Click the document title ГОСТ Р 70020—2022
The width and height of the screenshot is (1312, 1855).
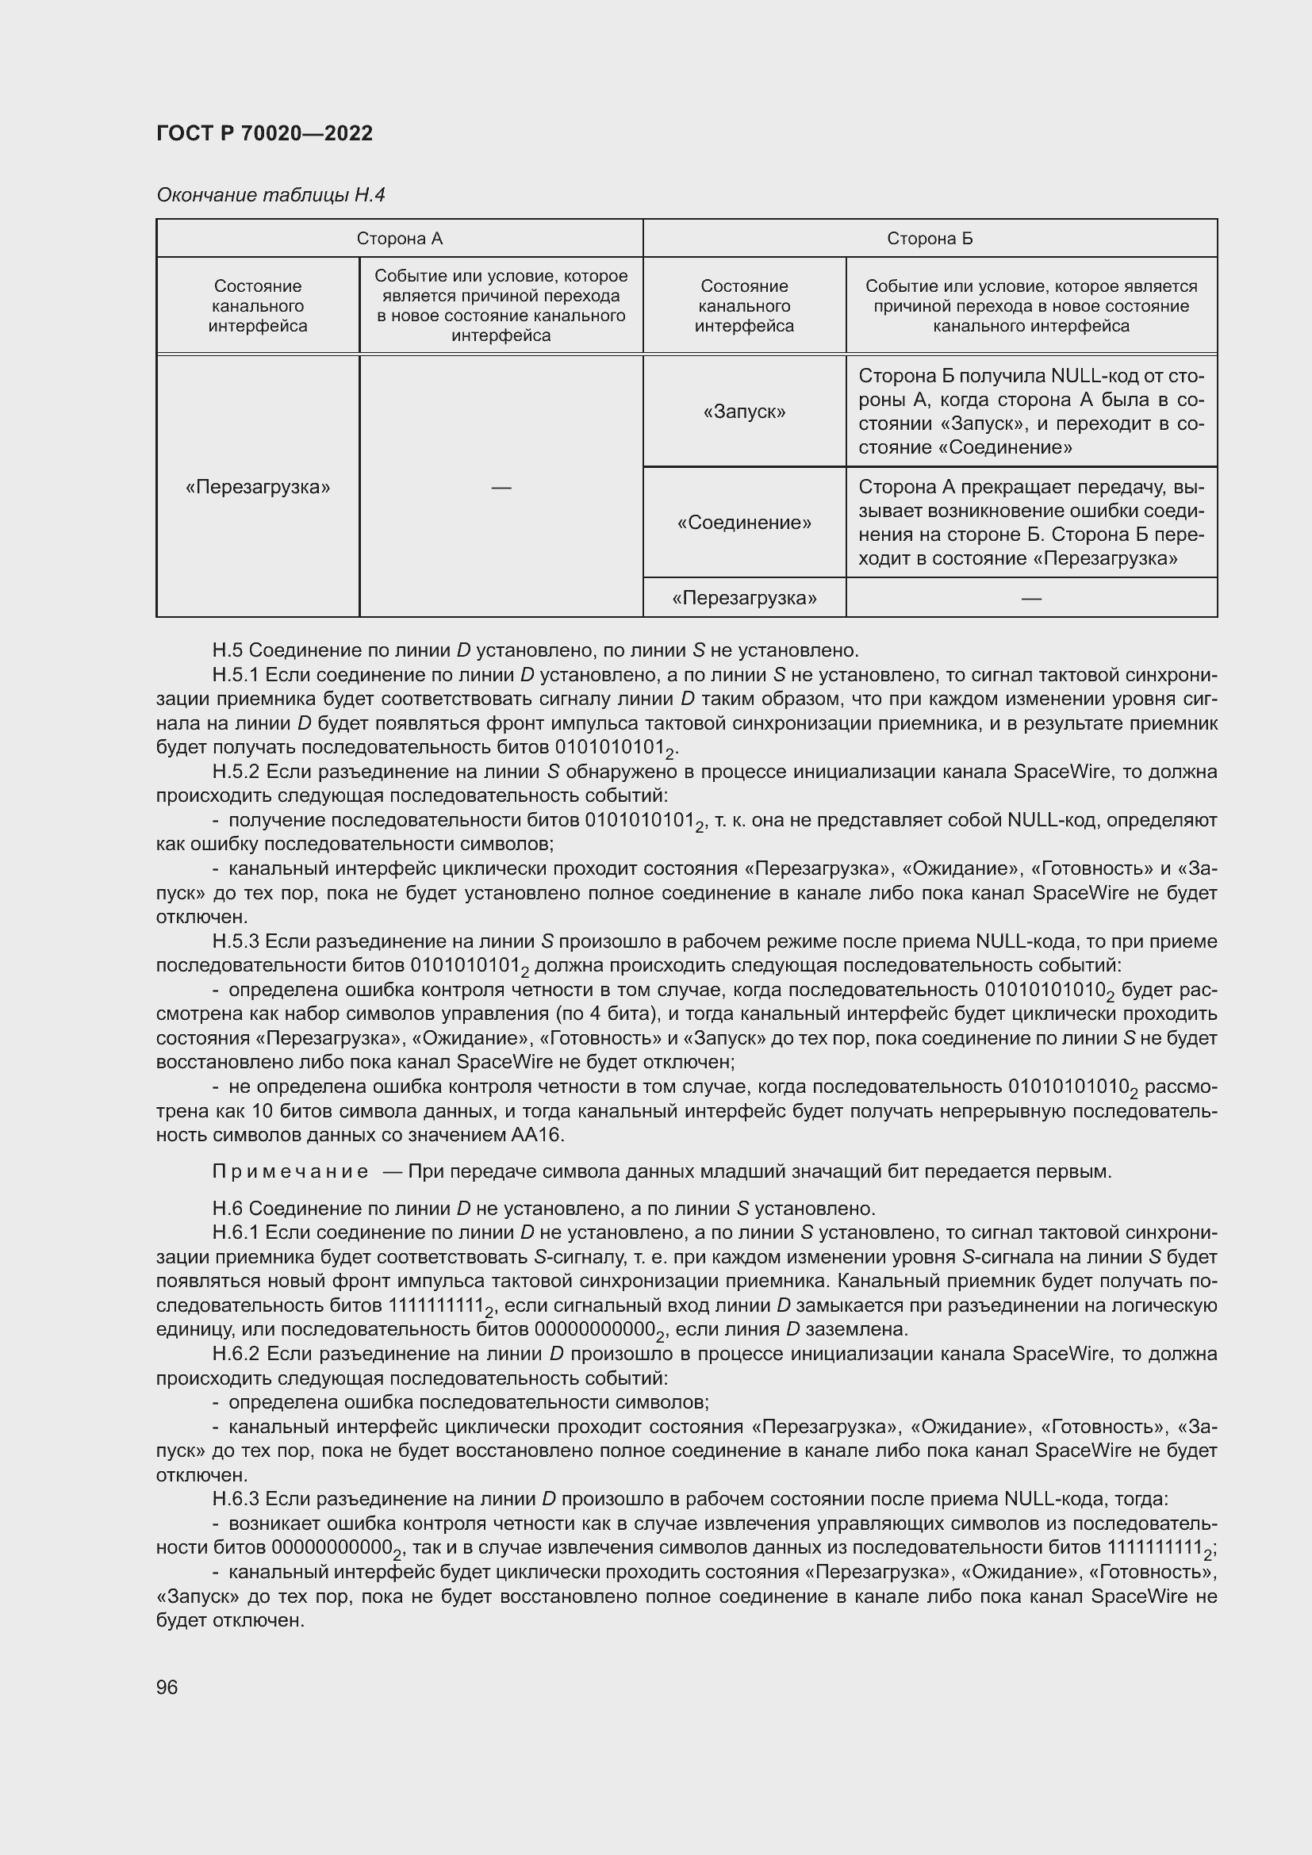tap(264, 133)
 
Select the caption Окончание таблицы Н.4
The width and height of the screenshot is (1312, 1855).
tap(270, 195)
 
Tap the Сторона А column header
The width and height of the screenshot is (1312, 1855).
tap(399, 239)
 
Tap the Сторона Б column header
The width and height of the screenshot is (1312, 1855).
tap(929, 239)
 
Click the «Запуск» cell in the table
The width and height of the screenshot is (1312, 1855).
tap(744, 412)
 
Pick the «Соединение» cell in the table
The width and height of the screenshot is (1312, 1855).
tap(744, 523)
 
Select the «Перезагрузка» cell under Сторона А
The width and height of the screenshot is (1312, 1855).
tap(258, 487)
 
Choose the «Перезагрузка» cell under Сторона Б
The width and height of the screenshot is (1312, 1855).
tap(744, 598)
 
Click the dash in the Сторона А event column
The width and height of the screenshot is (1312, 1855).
tap(501, 487)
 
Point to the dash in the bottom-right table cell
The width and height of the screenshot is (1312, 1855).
tap(1031, 598)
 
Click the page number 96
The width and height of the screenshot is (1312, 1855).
tap(167, 1687)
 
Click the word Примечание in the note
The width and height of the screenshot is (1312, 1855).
tap(290, 1171)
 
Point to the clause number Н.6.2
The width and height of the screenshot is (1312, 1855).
tap(236, 1353)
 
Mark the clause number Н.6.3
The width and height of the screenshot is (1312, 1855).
tap(236, 1499)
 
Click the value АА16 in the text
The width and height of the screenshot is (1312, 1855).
tap(536, 1135)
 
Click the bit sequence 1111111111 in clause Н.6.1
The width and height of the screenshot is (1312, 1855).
tap(435, 1305)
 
